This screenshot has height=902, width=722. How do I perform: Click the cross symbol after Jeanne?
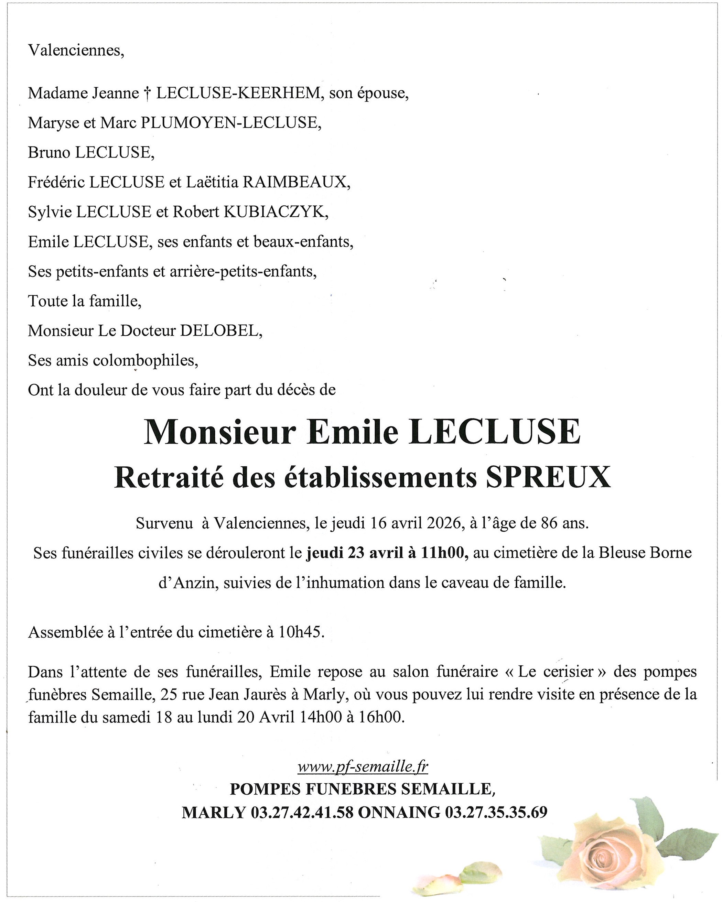(x=147, y=93)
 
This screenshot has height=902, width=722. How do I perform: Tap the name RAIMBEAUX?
(x=297, y=182)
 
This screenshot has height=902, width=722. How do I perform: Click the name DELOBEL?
(x=220, y=331)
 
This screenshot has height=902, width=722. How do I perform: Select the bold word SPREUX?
(x=548, y=477)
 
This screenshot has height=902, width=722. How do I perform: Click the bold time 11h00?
(x=444, y=553)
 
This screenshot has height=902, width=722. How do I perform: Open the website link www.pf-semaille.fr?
(x=363, y=767)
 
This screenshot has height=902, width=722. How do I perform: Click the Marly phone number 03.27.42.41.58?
(x=302, y=812)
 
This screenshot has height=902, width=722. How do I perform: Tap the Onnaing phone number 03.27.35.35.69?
(x=496, y=812)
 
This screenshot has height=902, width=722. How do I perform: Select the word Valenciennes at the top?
(x=76, y=51)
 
